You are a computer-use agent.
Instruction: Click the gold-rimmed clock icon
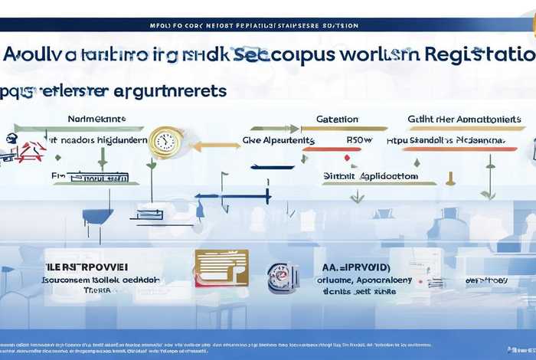tap(165, 141)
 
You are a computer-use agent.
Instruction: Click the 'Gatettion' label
tap(338, 119)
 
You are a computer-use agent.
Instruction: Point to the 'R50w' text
tap(358, 140)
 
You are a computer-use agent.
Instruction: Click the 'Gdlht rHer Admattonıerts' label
tap(465, 119)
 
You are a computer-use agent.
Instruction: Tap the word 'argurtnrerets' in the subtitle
tap(166, 90)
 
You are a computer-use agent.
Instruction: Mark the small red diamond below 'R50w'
tap(347, 158)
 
